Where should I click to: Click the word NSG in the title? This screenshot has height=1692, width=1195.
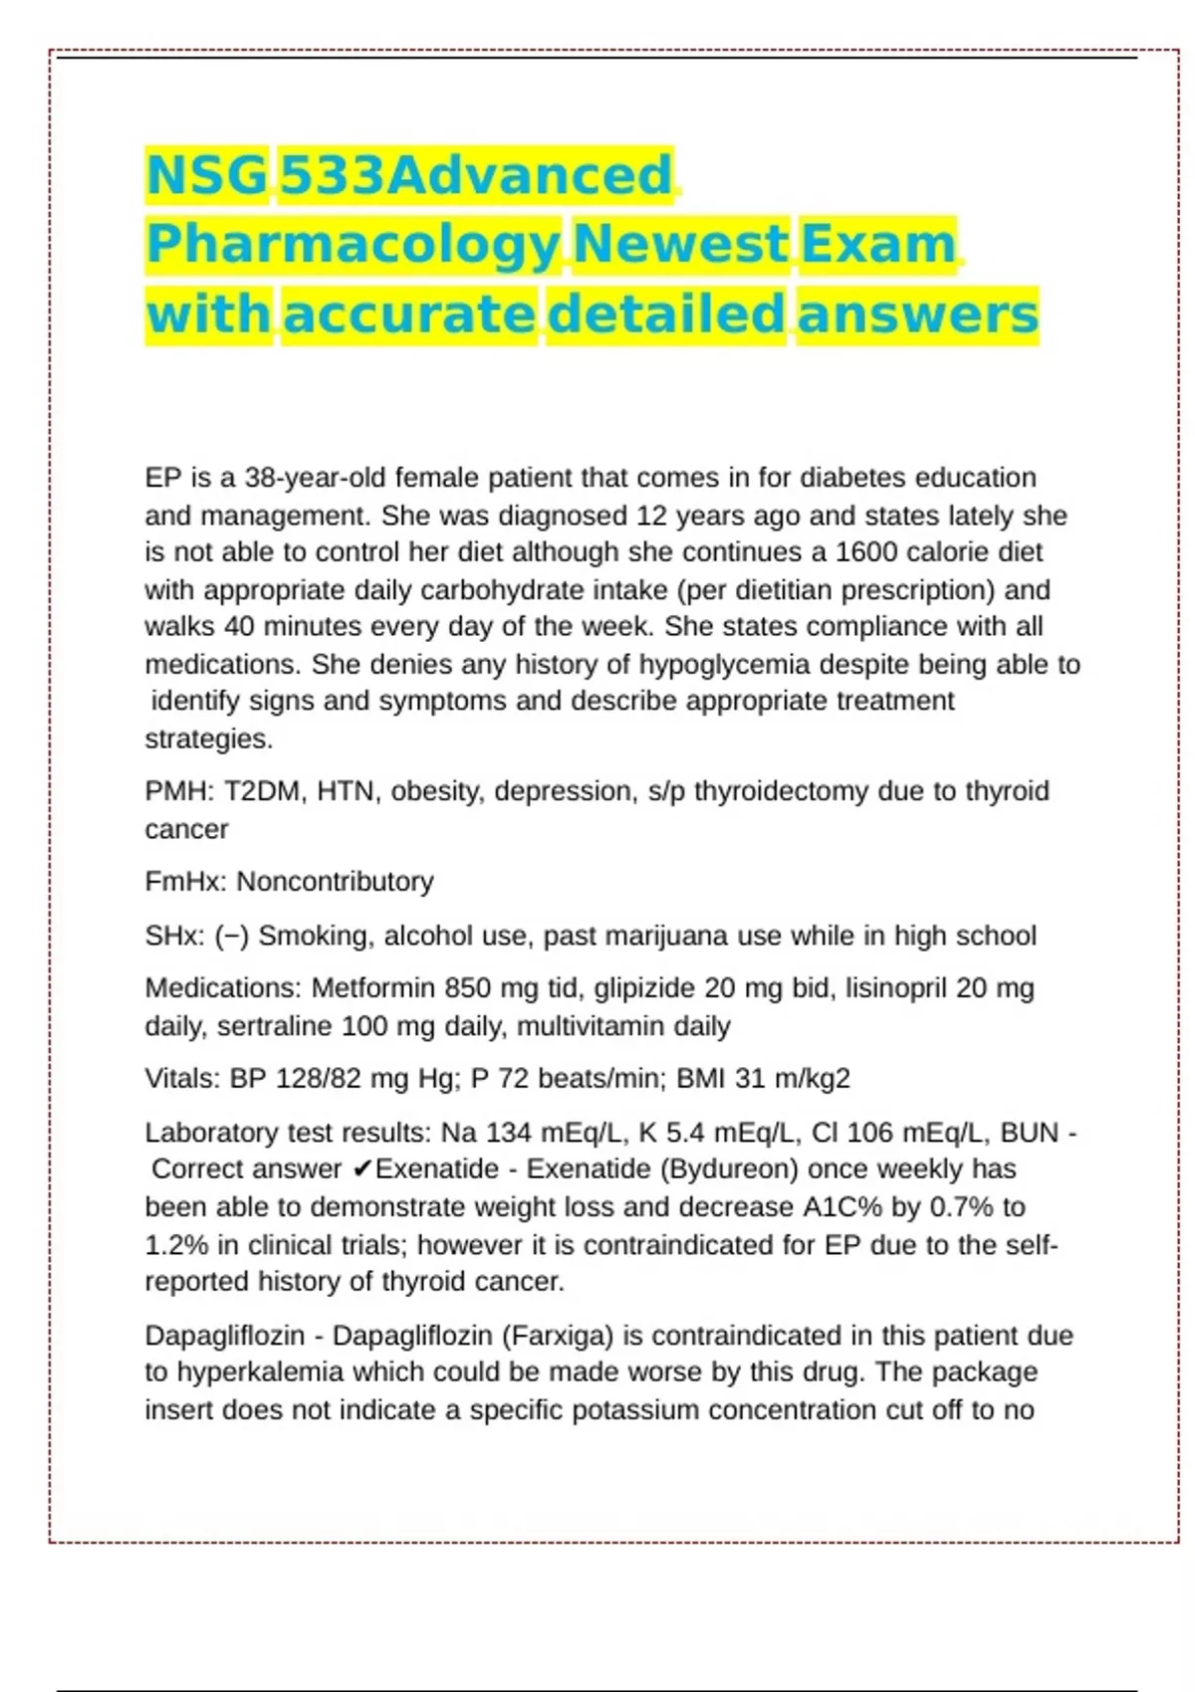click(206, 176)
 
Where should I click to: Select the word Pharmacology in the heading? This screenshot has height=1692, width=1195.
click(353, 245)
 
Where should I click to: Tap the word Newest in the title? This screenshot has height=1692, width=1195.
click(681, 245)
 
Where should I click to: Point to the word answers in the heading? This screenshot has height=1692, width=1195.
click(917, 315)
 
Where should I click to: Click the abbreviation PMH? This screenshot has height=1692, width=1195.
click(180, 791)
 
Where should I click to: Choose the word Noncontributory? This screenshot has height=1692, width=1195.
click(335, 882)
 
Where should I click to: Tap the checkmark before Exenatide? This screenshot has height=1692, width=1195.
click(361, 1169)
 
